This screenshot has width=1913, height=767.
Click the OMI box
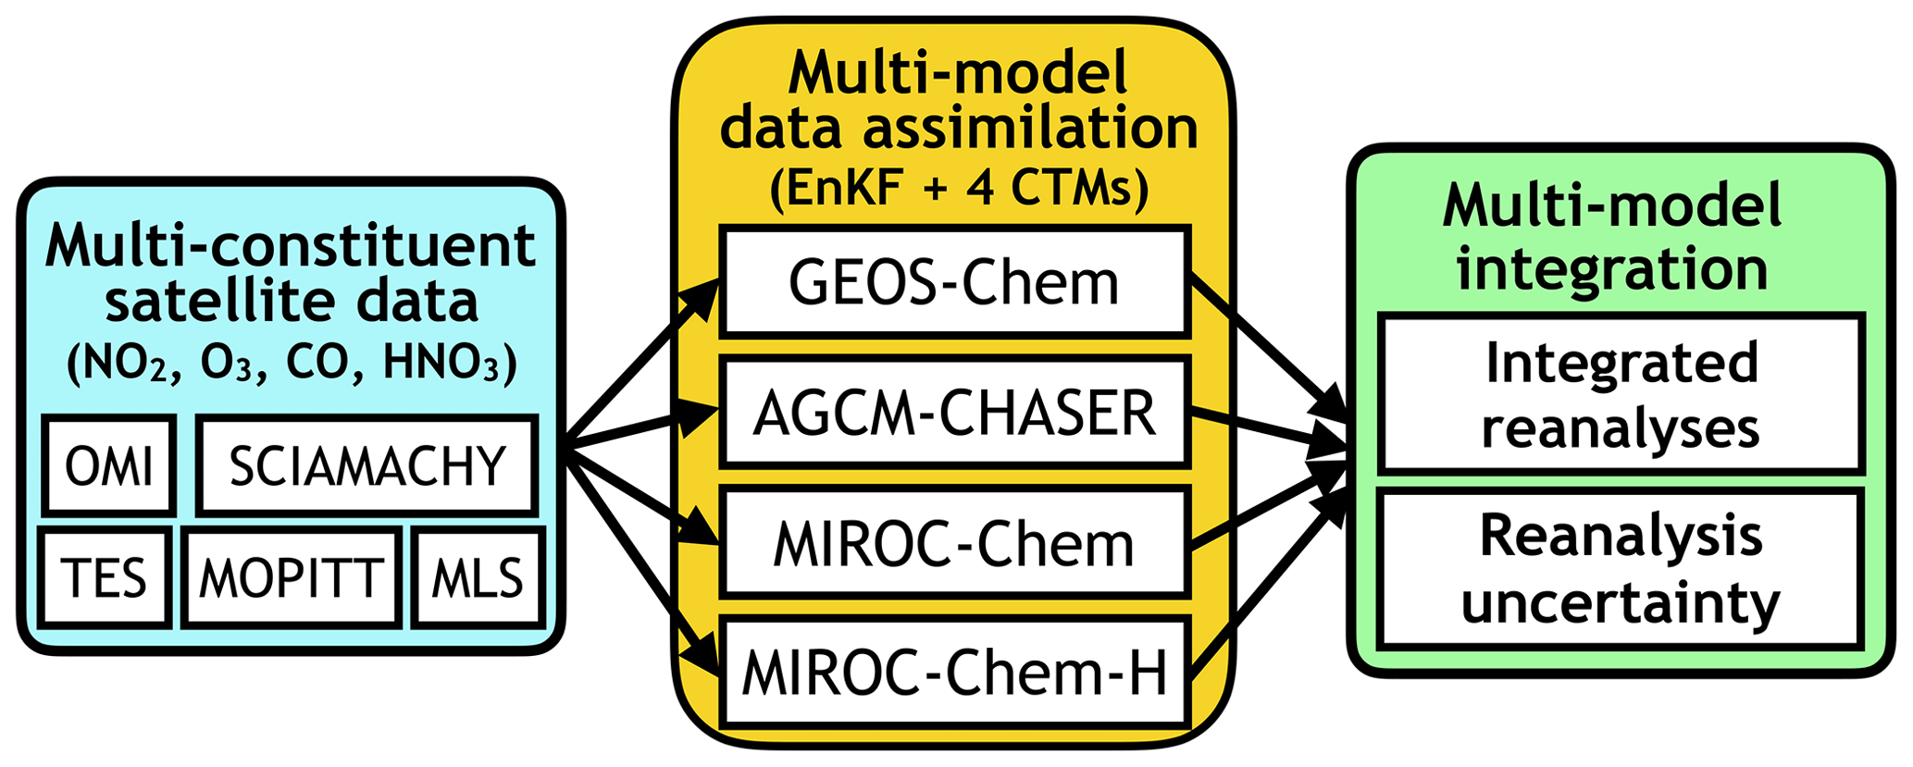[108, 465]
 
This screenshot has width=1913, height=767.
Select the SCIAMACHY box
[367, 465]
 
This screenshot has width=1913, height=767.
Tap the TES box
[105, 578]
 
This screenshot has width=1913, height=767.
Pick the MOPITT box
[292, 578]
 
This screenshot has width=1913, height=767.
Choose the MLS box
[478, 578]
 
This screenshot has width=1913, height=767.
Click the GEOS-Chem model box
[954, 282]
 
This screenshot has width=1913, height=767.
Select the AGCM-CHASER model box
[954, 413]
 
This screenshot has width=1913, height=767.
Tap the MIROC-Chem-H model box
[954, 673]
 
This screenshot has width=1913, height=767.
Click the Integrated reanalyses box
[1621, 395]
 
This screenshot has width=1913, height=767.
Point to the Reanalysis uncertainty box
[1621, 569]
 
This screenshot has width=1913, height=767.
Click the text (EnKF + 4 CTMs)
[959, 189]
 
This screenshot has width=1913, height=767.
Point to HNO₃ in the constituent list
[449, 364]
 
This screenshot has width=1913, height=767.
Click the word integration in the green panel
[1612, 268]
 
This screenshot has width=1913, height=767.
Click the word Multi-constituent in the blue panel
[291, 245]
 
